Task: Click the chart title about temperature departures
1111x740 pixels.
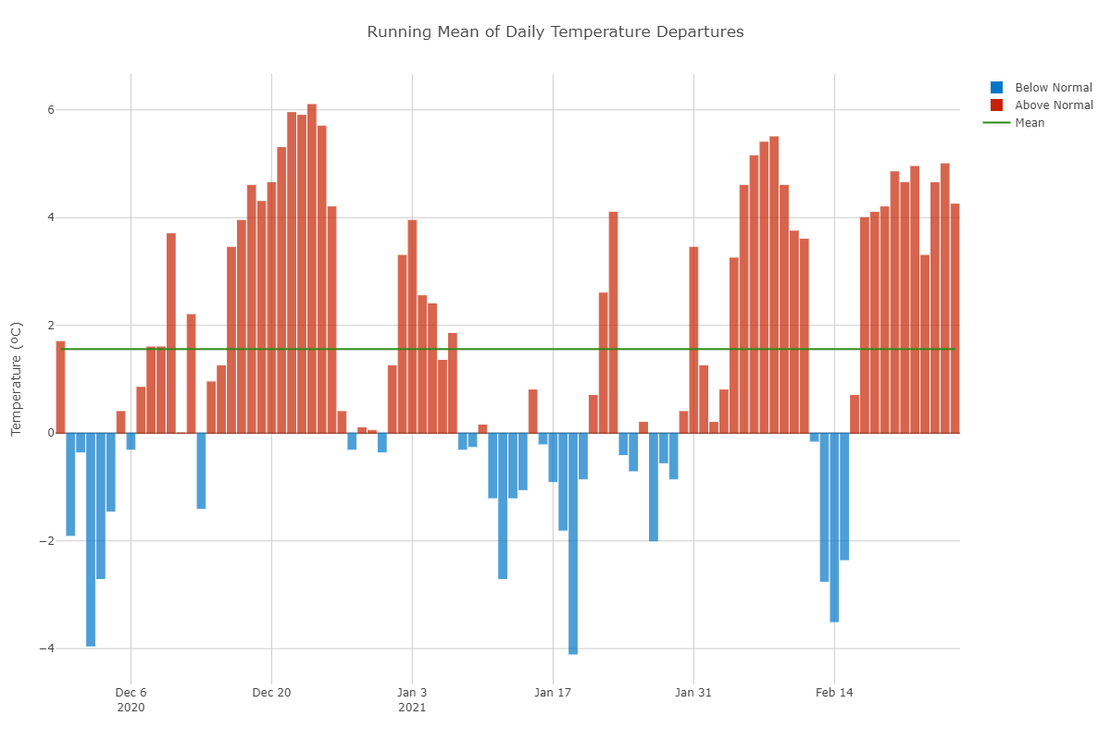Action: click(x=555, y=32)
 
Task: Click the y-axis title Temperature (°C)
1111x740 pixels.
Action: click(x=16, y=379)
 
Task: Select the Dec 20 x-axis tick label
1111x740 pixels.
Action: click(x=271, y=693)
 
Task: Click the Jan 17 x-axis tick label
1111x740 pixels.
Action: click(x=553, y=693)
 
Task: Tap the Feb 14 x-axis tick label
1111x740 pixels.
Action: click(x=834, y=693)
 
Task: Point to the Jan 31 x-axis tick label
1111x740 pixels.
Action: click(x=693, y=693)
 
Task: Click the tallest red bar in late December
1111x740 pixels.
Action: click(x=312, y=268)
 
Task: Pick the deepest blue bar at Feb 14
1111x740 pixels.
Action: click(x=834, y=527)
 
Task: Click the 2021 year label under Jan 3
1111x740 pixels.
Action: click(x=412, y=708)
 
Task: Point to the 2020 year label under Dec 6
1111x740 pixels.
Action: click(x=131, y=708)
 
